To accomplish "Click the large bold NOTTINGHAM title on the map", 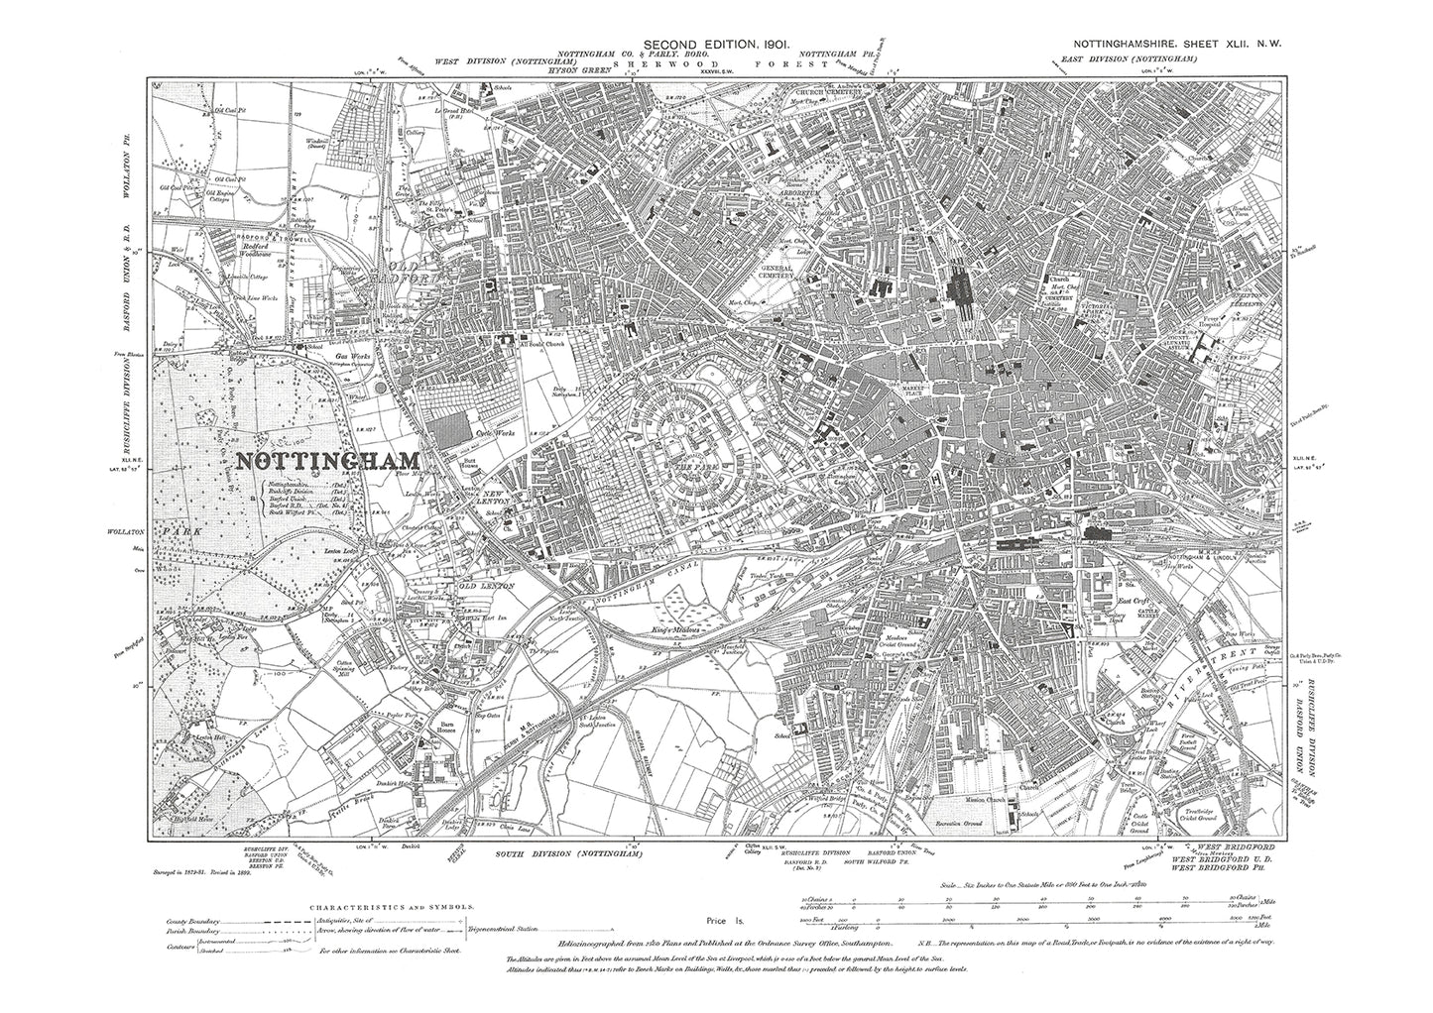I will (326, 461).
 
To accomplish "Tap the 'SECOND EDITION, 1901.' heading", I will (714, 46).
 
